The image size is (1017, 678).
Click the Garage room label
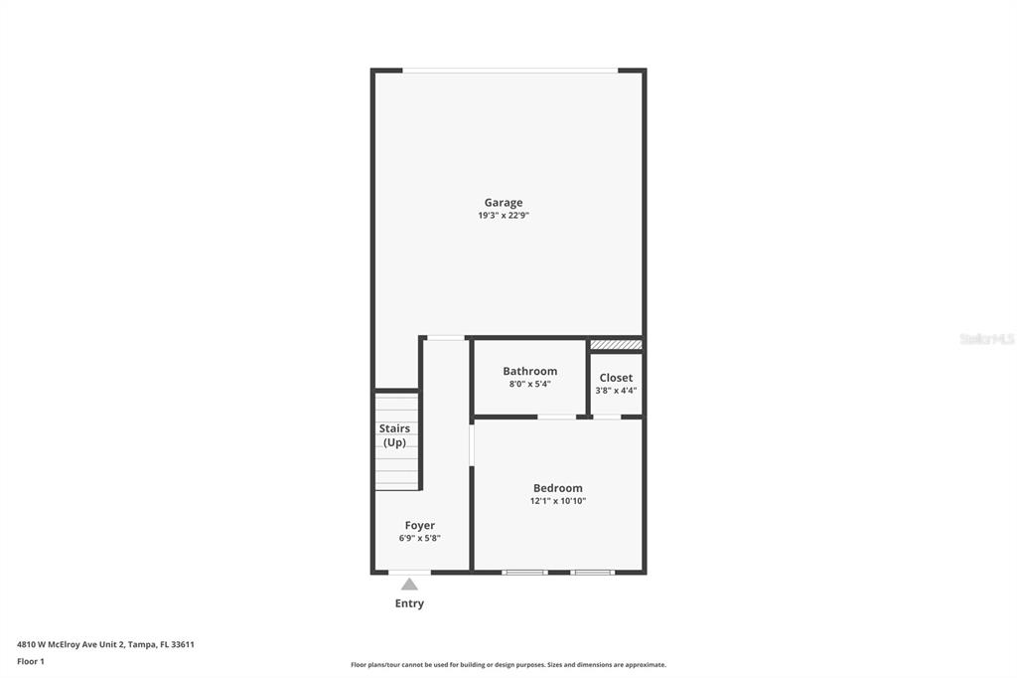click(x=504, y=203)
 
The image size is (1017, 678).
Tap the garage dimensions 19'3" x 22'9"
click(x=504, y=216)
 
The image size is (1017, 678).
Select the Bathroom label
click(x=530, y=372)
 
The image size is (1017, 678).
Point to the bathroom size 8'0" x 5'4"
click(x=530, y=385)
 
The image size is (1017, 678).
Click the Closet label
click(x=616, y=378)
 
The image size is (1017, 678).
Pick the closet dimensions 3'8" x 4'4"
click(x=616, y=391)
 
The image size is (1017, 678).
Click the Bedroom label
click(x=558, y=488)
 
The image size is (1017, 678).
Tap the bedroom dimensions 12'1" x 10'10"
click(x=558, y=501)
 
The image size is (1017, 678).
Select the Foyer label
click(x=420, y=525)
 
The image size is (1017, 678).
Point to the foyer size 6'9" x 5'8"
click(x=420, y=539)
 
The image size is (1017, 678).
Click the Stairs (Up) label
click(x=394, y=435)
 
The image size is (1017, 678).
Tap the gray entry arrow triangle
click(x=409, y=584)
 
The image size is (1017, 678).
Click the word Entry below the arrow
click(x=409, y=603)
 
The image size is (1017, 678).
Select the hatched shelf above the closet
click(x=616, y=344)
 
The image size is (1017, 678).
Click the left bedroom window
click(x=524, y=573)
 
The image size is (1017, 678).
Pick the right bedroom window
click(x=592, y=573)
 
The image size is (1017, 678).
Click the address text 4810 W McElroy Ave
click(x=59, y=645)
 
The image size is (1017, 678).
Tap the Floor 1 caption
click(x=31, y=662)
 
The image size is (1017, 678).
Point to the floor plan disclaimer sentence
click(x=508, y=665)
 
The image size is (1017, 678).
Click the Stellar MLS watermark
click(x=987, y=339)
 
